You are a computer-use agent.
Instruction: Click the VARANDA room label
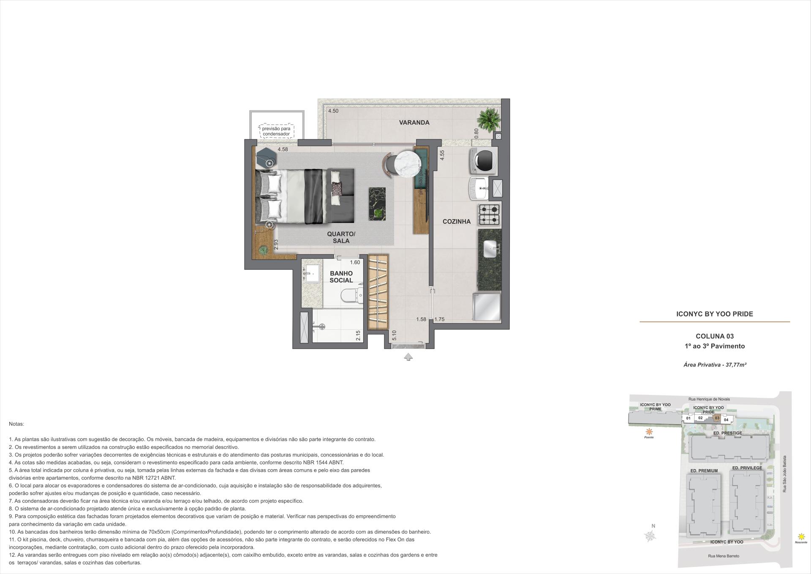click(x=414, y=122)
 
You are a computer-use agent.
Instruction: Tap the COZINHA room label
click(x=457, y=221)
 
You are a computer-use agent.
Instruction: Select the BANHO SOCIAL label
click(x=341, y=277)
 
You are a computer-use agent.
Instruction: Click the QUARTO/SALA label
click(x=341, y=237)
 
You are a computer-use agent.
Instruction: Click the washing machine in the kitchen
click(x=484, y=161)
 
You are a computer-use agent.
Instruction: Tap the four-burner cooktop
click(x=489, y=215)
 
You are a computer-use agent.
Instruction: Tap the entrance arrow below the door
click(x=408, y=357)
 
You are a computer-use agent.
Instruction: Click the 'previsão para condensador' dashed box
click(x=276, y=131)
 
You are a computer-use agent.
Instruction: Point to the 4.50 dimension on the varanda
click(x=333, y=111)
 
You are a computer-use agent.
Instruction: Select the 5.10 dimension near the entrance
click(x=394, y=335)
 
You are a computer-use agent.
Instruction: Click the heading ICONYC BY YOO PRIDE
click(x=715, y=314)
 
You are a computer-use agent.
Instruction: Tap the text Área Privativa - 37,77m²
click(x=715, y=365)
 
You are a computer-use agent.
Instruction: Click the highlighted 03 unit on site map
click(x=717, y=418)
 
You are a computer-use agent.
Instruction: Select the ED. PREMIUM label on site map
click(x=704, y=471)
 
